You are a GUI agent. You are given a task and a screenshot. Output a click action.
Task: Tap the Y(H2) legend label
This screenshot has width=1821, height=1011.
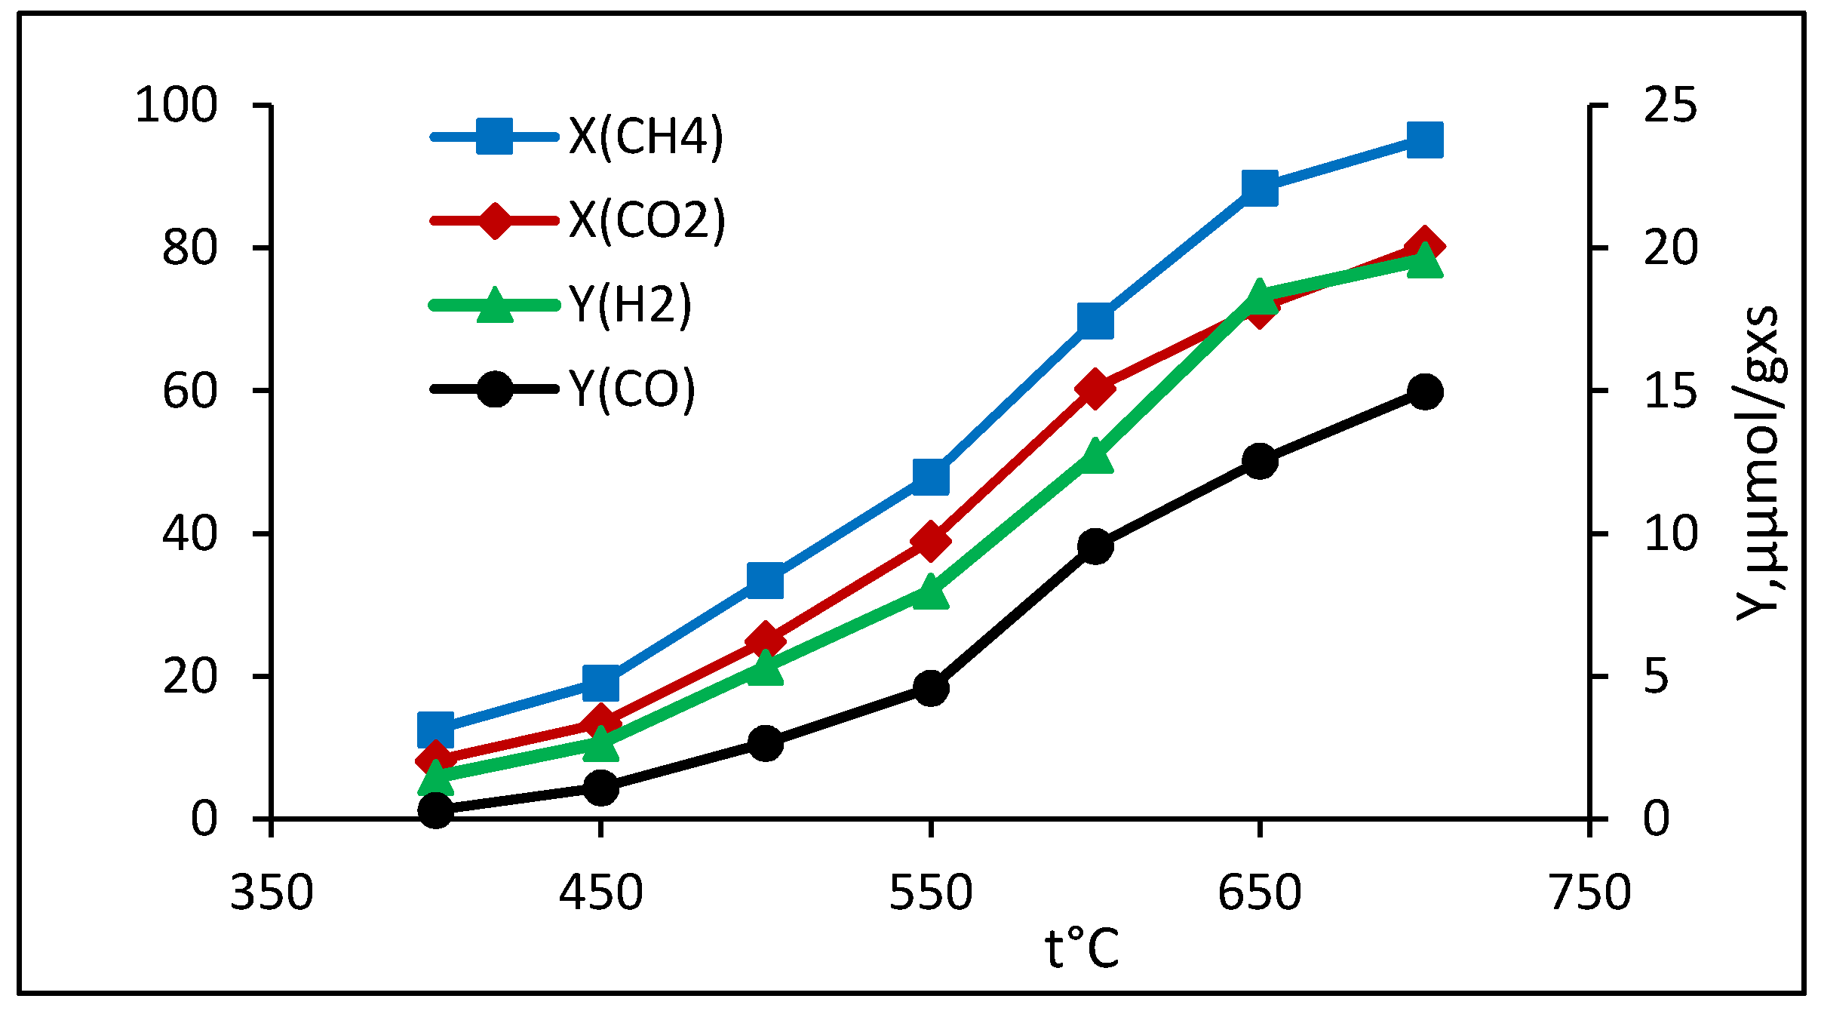pyautogui.click(x=631, y=306)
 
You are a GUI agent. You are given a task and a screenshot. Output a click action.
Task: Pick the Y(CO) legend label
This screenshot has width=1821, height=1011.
pyautogui.click(x=632, y=390)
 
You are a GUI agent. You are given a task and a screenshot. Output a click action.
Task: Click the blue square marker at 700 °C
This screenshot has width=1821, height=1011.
pyautogui.click(x=1425, y=140)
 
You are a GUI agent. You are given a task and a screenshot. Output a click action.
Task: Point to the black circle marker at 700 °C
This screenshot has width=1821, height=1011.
pyautogui.click(x=1425, y=392)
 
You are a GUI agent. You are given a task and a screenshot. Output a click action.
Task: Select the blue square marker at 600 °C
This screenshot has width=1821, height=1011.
pyautogui.click(x=1095, y=321)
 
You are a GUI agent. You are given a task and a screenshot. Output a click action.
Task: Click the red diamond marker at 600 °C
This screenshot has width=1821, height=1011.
pyautogui.click(x=1095, y=389)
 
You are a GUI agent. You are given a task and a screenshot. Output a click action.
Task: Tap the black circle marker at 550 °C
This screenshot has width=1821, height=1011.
pyautogui.click(x=931, y=687)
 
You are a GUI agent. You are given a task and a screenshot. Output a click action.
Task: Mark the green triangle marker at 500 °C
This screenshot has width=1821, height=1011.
pyautogui.click(x=766, y=668)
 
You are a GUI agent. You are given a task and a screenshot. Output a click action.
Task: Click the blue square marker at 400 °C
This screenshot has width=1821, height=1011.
pyautogui.click(x=435, y=729)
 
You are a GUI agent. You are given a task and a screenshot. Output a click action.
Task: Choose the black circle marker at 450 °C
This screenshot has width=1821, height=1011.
pyautogui.click(x=600, y=788)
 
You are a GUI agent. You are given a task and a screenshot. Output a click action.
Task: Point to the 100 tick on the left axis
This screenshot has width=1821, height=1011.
pyautogui.click(x=176, y=106)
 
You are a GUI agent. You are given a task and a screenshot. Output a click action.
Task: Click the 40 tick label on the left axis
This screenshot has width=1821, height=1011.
pyautogui.click(x=189, y=534)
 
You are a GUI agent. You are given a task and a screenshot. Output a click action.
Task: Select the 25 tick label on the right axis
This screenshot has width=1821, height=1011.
pyautogui.click(x=1669, y=106)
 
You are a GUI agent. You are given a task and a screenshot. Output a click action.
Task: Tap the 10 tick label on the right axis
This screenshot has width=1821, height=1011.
pyautogui.click(x=1669, y=534)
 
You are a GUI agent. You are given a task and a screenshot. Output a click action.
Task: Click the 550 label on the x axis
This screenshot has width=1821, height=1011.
pyautogui.click(x=930, y=893)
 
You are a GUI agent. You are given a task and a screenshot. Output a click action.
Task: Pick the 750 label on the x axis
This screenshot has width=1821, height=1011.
pyautogui.click(x=1590, y=893)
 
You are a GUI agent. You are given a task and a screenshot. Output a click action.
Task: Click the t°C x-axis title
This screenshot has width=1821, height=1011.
pyautogui.click(x=1081, y=949)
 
